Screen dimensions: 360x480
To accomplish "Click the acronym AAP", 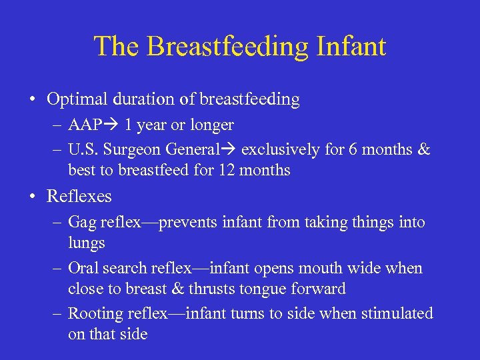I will click(85, 125).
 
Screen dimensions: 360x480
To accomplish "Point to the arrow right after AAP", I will click(113, 125).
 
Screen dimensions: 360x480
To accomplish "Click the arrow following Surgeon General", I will click(229, 150).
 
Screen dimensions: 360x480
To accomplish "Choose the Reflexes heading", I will click(79, 197).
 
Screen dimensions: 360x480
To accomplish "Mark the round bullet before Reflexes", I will click(33, 197).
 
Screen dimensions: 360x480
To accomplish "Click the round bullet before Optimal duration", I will click(33, 100).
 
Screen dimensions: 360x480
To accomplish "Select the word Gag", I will click(83, 223).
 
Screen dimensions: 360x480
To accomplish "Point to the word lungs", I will click(87, 243).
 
